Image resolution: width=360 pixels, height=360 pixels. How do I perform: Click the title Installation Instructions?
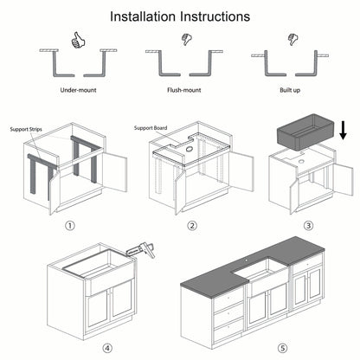180,16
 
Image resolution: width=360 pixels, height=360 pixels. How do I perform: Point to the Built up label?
285,89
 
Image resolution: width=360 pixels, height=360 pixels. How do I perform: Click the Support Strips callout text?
26,128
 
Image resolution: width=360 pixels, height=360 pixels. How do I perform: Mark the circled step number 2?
193,227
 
